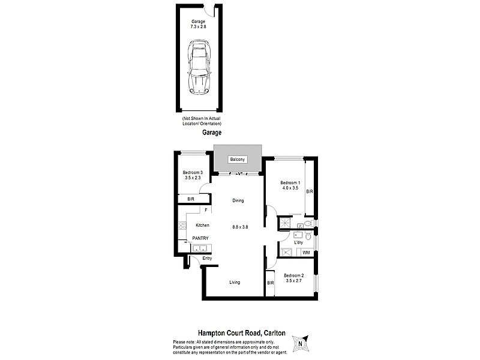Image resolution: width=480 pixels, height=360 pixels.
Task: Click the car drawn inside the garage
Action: point(199,67)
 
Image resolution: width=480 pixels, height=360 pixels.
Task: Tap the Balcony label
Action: point(238,160)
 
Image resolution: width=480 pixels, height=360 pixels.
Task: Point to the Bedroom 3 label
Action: point(193,173)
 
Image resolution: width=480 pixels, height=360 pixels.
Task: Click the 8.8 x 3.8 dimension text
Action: point(240,227)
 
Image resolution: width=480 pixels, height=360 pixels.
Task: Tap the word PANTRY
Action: point(200,238)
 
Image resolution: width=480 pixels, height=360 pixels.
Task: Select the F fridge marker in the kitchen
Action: point(206,211)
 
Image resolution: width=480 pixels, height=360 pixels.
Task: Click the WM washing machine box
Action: point(306,253)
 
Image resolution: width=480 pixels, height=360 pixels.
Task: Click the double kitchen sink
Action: point(199,248)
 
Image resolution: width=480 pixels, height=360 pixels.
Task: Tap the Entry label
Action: point(207,259)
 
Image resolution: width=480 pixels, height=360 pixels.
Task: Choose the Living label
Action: point(235,282)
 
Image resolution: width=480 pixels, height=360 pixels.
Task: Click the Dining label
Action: point(238,201)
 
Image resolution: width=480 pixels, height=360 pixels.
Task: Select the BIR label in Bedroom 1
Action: point(310,192)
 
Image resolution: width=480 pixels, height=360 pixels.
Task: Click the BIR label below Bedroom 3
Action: point(190,199)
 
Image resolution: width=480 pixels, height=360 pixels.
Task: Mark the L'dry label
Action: point(290,242)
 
